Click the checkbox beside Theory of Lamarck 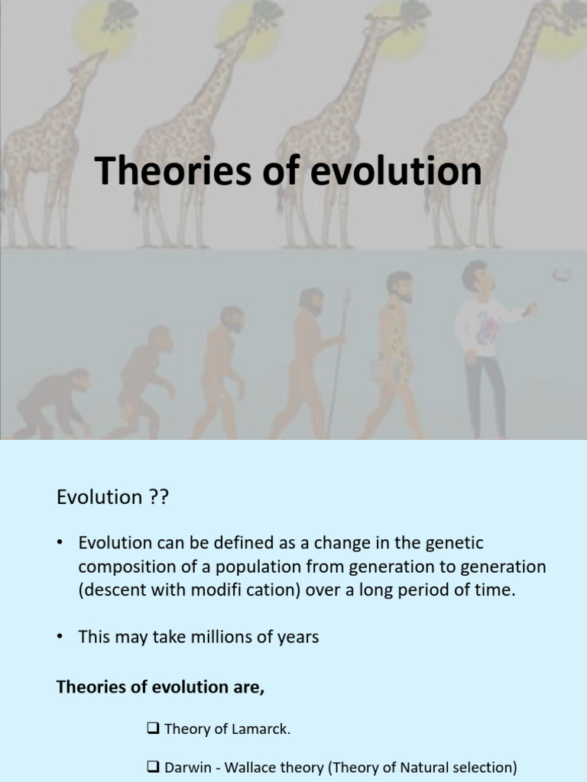[x=152, y=729]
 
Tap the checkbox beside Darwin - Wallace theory [x=152, y=767]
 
